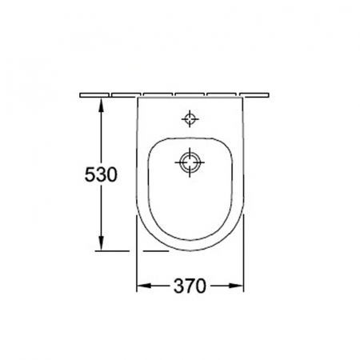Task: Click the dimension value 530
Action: coord(101,174)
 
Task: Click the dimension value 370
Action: coord(190,286)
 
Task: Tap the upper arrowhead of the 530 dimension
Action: coord(101,106)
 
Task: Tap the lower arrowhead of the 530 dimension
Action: coord(101,242)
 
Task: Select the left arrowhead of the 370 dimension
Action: coord(145,286)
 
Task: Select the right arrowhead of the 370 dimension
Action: coord(235,286)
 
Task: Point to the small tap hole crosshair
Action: coord(190,118)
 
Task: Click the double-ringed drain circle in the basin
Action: coord(190,162)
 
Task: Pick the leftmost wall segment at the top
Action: coord(94,95)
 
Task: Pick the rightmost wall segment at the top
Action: coord(254,95)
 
